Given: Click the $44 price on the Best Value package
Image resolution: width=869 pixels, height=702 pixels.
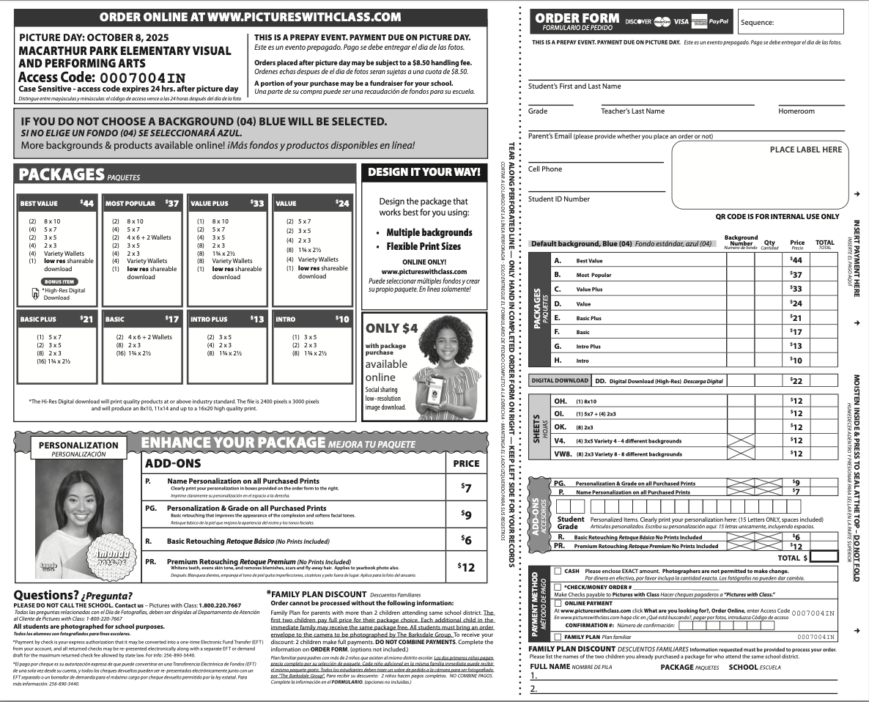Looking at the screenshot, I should (x=86, y=203).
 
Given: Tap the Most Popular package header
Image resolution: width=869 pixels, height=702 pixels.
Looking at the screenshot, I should (x=130, y=204).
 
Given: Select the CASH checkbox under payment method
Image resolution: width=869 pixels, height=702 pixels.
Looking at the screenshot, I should (x=558, y=571).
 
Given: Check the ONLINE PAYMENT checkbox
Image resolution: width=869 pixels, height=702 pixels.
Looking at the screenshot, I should (x=558, y=602).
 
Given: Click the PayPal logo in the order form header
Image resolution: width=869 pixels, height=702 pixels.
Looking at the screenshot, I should (x=720, y=21).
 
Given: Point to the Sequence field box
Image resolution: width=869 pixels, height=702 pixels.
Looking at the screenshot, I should (x=799, y=22).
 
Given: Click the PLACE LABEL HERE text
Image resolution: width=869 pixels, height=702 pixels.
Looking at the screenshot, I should (x=805, y=149).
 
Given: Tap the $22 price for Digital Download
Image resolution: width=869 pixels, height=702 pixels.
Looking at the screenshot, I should (x=796, y=381).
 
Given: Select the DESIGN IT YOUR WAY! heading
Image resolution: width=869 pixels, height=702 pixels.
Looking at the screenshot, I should (x=424, y=172).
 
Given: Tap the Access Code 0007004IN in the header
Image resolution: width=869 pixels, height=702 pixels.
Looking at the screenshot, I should (x=142, y=78).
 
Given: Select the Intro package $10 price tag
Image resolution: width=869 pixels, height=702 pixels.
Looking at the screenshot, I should (x=342, y=319).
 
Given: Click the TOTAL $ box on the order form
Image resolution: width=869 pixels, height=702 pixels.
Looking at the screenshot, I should (x=824, y=557).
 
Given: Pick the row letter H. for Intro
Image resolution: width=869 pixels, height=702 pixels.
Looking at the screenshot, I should (x=558, y=360).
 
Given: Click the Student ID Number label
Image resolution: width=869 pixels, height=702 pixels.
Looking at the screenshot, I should (x=558, y=199).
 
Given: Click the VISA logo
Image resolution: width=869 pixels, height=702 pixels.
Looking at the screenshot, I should (x=681, y=21).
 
